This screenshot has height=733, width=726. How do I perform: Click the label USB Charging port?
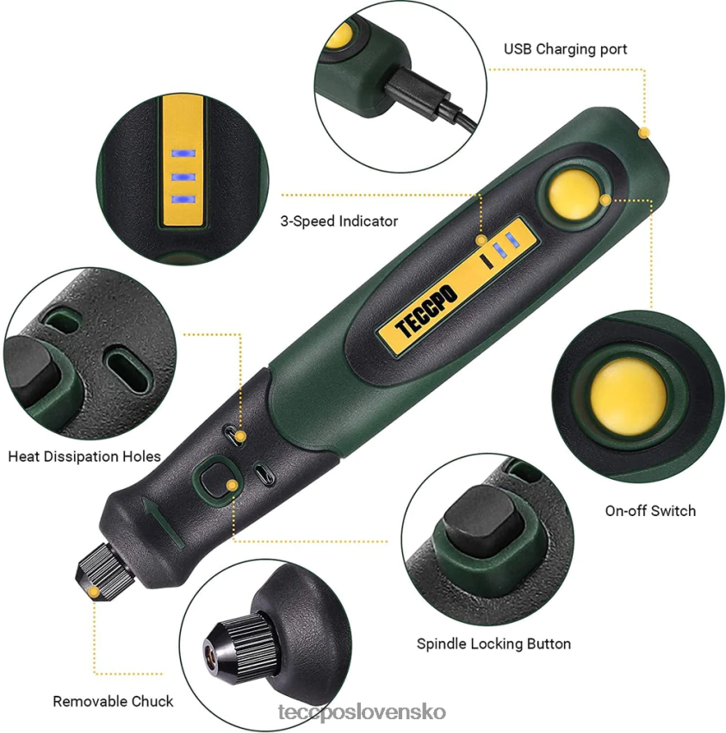click(x=565, y=49)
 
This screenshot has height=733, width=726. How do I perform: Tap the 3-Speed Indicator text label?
click(x=339, y=221)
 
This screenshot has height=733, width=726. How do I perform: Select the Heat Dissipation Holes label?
click(x=84, y=457)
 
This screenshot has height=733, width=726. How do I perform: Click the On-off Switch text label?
click(x=650, y=511)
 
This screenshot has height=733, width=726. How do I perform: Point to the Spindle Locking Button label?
click(x=493, y=643)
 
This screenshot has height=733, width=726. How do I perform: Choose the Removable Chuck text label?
click(x=113, y=701)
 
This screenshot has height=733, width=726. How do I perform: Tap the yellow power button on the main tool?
click(x=574, y=194)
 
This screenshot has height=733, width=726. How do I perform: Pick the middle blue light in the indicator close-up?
click(x=183, y=177)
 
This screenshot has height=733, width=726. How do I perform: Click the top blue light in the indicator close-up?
click(x=183, y=154)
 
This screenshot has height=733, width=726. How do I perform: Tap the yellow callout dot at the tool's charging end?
click(x=642, y=133)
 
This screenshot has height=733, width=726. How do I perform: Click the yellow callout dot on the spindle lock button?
click(x=232, y=486)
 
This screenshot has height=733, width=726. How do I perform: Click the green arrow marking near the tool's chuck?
click(x=158, y=522)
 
